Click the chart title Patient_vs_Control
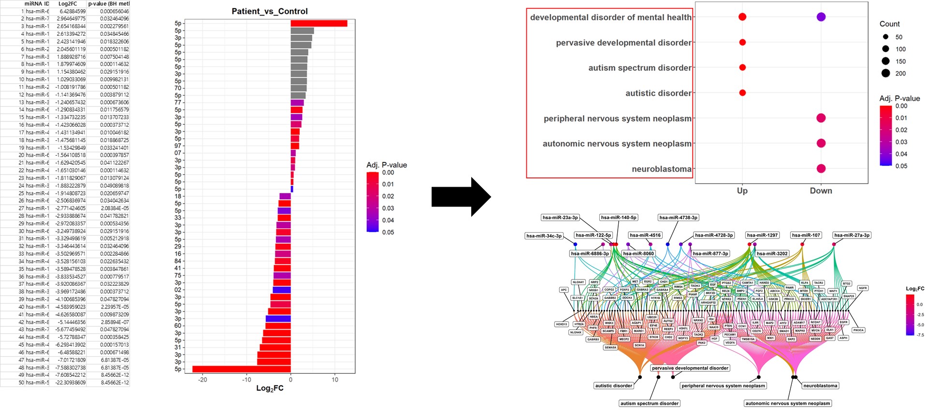269,11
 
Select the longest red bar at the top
319,23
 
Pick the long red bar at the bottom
241,369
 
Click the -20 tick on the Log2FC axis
202,380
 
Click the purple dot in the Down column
821,17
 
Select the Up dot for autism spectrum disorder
742,68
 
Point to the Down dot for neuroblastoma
821,169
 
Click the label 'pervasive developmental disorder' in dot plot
623,43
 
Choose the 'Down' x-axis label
821,191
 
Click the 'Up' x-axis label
742,191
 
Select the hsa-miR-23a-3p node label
560,218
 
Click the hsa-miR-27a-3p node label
852,235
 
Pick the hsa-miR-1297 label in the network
762,235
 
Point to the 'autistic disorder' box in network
613,386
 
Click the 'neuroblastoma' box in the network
820,386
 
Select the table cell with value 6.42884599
72,11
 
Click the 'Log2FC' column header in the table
68,3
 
